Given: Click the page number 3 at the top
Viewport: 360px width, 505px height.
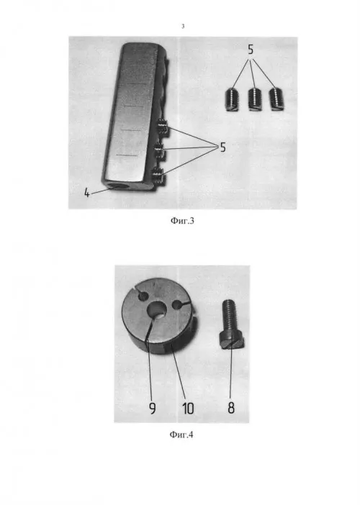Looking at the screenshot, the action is pyautogui.click(x=183, y=27).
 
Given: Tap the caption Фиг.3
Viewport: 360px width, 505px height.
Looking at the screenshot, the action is pyautogui.click(x=182, y=221).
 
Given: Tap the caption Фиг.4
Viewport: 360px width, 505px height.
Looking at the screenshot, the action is pyautogui.click(x=181, y=435).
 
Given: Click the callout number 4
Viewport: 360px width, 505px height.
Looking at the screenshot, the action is pyautogui.click(x=86, y=193).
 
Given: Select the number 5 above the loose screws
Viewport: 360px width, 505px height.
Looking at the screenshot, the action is pyautogui.click(x=251, y=50).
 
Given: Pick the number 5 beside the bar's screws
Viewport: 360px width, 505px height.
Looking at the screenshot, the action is pyautogui.click(x=222, y=147).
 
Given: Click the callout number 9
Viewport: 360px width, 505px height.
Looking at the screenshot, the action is pyautogui.click(x=153, y=409).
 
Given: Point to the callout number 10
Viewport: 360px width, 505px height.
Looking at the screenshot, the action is pyautogui.click(x=188, y=409).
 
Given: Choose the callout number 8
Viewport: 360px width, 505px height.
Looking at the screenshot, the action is pyautogui.click(x=231, y=408).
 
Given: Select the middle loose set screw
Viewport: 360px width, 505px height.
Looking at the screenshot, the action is pyautogui.click(x=254, y=99).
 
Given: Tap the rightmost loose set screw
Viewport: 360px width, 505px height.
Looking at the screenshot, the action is pyautogui.click(x=276, y=99).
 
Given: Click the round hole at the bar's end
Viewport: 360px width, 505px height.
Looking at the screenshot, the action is pyautogui.click(x=114, y=186).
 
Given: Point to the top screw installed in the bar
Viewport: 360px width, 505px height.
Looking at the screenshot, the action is pyautogui.click(x=163, y=127).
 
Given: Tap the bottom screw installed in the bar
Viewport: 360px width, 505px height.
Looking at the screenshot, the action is pyautogui.click(x=158, y=175).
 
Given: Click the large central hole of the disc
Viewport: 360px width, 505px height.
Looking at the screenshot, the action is pyautogui.click(x=157, y=310).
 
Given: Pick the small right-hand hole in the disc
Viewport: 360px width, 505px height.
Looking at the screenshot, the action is pyautogui.click(x=178, y=304).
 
